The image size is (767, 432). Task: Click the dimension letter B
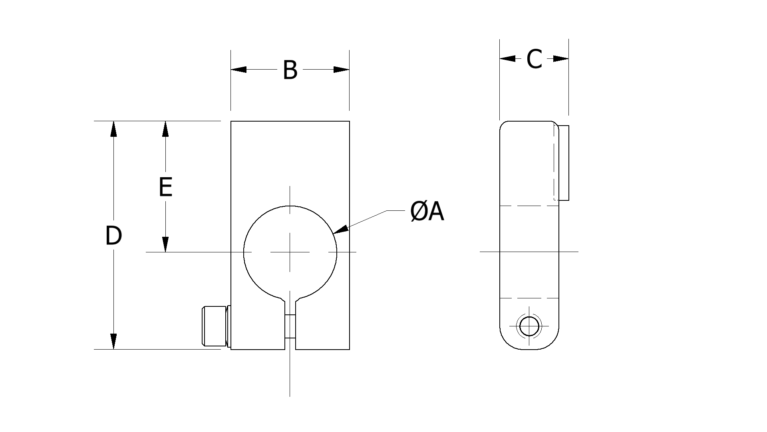click(290, 70)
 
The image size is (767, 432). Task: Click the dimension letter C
click(534, 59)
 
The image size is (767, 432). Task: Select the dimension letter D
click(113, 236)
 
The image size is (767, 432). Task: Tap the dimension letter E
click(165, 187)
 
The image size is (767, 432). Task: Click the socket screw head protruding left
click(215, 326)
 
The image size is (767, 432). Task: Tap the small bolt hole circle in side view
click(529, 326)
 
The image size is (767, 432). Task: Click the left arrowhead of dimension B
click(238, 70)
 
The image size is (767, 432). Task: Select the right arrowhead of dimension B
click(342, 70)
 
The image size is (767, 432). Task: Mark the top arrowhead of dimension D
click(114, 129)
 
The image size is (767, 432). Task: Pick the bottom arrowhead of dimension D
click(114, 341)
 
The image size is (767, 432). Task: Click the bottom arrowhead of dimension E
click(165, 244)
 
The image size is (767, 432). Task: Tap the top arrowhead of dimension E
click(165, 129)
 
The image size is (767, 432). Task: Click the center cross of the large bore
click(290, 252)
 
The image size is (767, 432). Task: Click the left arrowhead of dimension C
click(507, 59)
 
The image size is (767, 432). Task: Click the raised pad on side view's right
click(564, 162)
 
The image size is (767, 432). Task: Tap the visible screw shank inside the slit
click(290, 327)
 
